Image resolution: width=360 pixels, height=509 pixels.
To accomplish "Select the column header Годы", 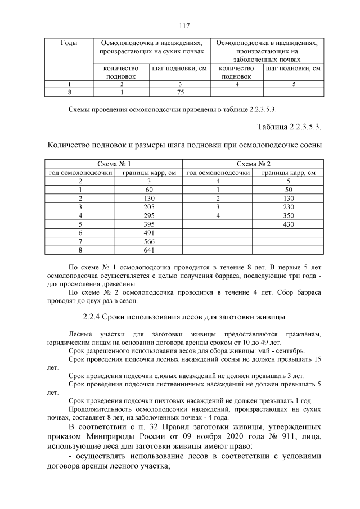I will pyautogui.click(x=69, y=43).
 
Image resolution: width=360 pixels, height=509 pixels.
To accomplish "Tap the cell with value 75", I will pyautogui.click(x=181, y=92).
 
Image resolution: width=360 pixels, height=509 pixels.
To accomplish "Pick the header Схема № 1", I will pyautogui.click(x=114, y=164).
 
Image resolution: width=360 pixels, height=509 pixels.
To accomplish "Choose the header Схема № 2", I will pyautogui.click(x=253, y=164).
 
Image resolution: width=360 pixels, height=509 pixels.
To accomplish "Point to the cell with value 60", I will pyautogui.click(x=149, y=190).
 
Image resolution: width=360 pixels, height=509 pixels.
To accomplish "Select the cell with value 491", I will pyautogui.click(x=149, y=233).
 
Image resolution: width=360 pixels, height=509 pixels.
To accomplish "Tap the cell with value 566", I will pyautogui.click(x=149, y=242).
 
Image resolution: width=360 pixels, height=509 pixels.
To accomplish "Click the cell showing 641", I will pyautogui.click(x=149, y=250).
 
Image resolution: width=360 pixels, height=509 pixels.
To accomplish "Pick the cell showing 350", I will pyautogui.click(x=288, y=216).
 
